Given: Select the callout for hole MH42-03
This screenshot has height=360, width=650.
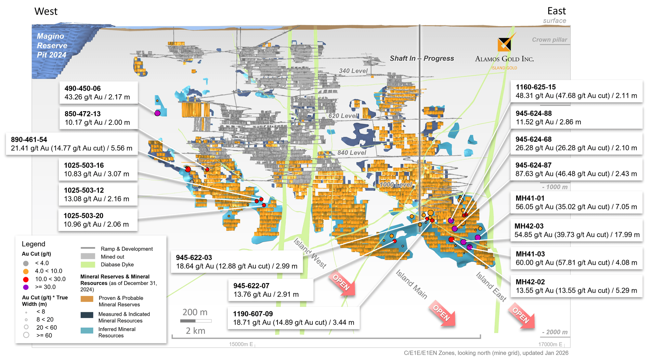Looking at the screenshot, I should click(x=577, y=230).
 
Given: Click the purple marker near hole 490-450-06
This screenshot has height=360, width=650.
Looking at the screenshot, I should click(x=157, y=113).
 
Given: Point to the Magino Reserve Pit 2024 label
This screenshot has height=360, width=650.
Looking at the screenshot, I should click(x=52, y=45).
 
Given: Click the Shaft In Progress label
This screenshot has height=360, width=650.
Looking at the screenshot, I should click(x=422, y=58).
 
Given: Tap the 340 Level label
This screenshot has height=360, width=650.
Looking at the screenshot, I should click(x=353, y=71).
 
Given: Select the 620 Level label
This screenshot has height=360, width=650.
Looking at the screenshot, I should click(x=343, y=116).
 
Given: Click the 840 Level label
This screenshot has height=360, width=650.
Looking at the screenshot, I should click(x=351, y=153).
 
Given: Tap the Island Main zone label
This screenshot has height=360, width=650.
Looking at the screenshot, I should click(x=411, y=284).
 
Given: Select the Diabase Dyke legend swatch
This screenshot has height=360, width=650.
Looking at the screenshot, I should click(x=88, y=264).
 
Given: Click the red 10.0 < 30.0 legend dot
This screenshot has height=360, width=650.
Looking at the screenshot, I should click(x=26, y=279).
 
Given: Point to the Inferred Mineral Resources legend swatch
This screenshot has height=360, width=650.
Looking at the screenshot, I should click(x=87, y=330).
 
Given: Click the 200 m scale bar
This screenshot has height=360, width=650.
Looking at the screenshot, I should click(x=196, y=321).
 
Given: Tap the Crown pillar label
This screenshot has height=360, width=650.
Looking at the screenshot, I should click(x=549, y=40).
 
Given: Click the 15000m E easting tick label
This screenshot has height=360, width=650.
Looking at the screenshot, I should click(x=241, y=344).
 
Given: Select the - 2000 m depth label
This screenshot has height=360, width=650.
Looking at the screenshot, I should click(x=554, y=332).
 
